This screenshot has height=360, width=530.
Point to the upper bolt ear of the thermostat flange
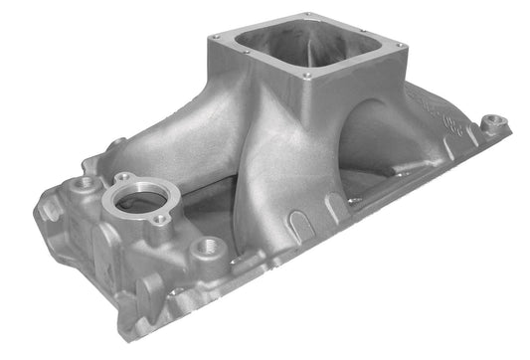pos(120,178)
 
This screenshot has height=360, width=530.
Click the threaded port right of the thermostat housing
pos(210,246)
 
